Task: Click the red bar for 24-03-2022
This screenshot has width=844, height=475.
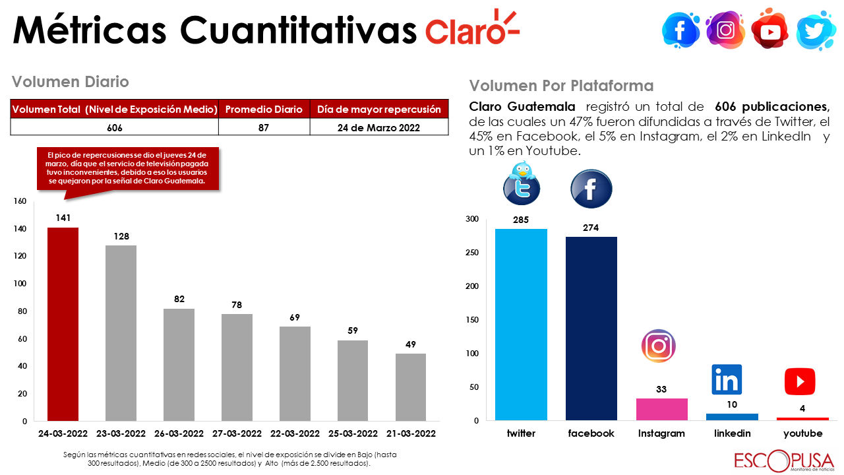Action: click(63, 324)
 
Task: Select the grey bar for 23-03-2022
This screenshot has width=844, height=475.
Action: click(121, 332)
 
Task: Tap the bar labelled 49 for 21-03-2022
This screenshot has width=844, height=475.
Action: click(411, 387)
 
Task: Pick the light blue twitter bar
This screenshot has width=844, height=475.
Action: click(521, 324)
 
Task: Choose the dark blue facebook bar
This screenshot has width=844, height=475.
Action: click(591, 328)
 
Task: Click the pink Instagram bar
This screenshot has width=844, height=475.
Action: click(661, 409)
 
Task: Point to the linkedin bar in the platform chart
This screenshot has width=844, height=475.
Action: click(732, 417)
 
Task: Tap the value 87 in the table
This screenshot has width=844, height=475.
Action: click(264, 127)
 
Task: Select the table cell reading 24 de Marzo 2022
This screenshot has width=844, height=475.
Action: click(378, 127)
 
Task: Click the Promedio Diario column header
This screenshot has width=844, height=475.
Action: click(264, 109)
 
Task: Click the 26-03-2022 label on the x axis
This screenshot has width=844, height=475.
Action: click(179, 433)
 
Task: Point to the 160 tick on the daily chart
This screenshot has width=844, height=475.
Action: click(20, 201)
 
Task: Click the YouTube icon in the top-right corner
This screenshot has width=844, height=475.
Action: click(769, 30)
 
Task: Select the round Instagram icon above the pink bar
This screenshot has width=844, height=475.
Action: click(658, 346)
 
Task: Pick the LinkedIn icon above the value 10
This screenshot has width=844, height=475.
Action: click(727, 379)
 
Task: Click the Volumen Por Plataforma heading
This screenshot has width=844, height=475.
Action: click(561, 86)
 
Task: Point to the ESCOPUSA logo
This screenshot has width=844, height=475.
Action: click(783, 460)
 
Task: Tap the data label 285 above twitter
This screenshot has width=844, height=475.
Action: click(521, 220)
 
